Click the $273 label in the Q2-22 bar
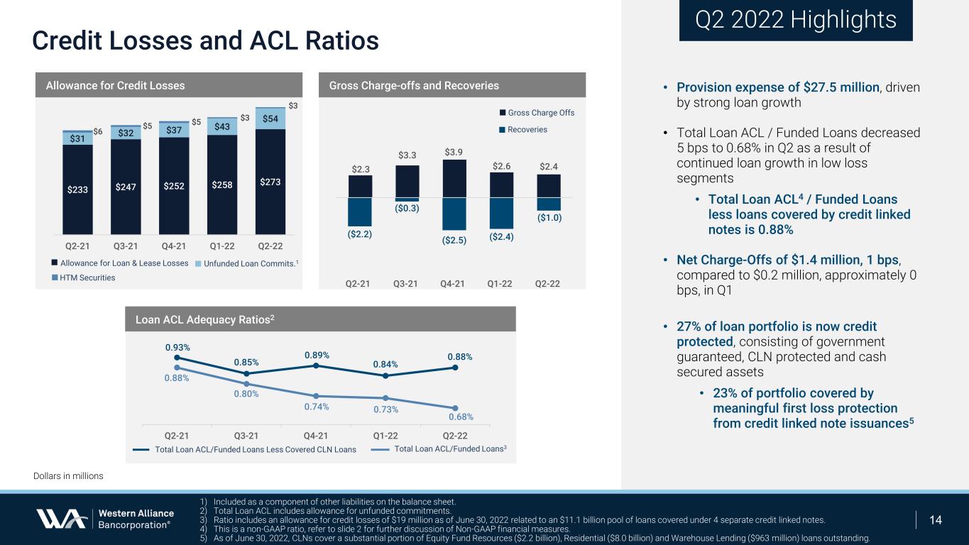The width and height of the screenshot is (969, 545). point(270,182)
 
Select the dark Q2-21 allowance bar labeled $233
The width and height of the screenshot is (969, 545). point(77,189)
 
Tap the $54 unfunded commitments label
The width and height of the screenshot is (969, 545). point(270,119)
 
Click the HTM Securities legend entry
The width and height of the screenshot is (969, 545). point(84,277)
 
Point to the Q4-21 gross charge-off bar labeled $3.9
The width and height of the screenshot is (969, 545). point(454,179)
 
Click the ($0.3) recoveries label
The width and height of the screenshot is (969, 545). point(407,209)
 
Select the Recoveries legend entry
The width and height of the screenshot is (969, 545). point(523,130)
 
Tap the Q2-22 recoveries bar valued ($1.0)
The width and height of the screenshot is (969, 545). point(549,204)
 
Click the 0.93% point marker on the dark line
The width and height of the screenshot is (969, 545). point(177,358)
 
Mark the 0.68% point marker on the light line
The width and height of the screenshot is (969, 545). point(455,408)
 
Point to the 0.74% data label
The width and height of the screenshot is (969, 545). point(316,407)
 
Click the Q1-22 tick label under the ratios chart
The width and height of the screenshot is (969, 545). point(385,436)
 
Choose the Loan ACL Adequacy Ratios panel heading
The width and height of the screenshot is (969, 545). point(205,319)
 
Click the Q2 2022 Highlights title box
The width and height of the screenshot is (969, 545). point(796,21)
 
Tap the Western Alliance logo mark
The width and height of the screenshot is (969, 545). point(62,519)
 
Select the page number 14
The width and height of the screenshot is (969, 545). point(935,520)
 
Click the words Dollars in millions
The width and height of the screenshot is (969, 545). point(68,475)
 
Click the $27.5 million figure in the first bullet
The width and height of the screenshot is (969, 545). point(841,87)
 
